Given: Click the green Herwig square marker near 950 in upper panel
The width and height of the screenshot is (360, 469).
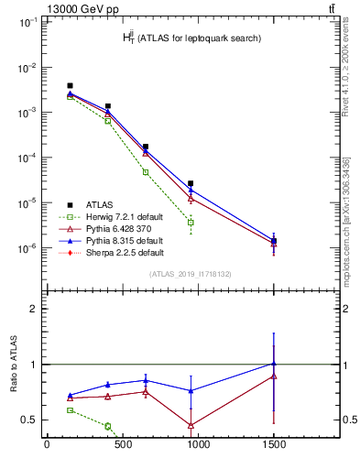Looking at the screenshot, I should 191,223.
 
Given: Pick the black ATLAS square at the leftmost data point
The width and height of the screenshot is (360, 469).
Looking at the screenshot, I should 71,86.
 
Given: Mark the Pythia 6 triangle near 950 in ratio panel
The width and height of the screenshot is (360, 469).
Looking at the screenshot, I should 191,426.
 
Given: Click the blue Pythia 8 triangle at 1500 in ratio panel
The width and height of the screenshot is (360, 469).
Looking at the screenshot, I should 273,364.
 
